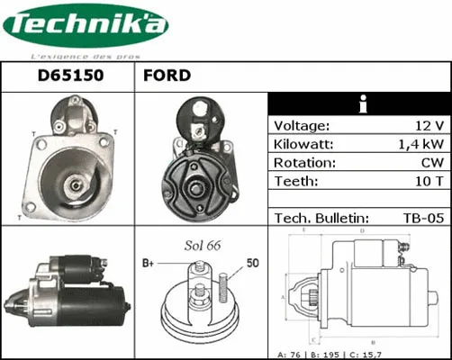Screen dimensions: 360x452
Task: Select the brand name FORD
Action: [167, 76]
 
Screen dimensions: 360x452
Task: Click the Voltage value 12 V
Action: [427, 125]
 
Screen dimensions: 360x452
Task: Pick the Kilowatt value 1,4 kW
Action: [420, 144]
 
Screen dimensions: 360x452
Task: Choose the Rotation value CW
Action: [431, 163]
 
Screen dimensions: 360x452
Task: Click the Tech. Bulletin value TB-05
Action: [422, 218]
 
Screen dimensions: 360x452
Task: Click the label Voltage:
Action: [302, 125]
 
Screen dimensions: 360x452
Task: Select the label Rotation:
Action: [304, 163]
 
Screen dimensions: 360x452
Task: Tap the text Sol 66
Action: [203, 244]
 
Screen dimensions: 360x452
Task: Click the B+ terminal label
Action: [149, 264]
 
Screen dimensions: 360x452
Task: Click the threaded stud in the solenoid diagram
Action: [220, 287]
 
